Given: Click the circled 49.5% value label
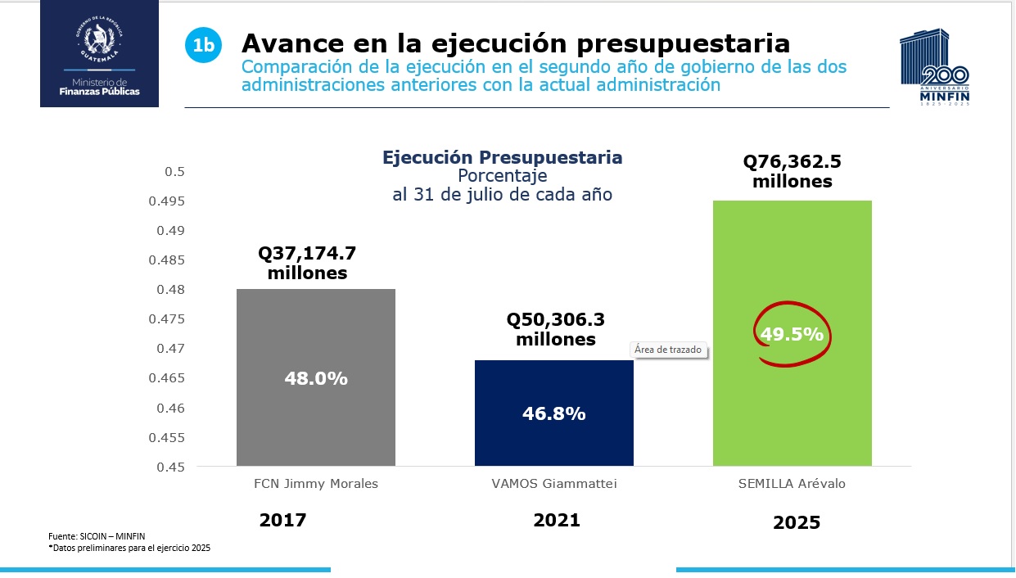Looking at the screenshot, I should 791,334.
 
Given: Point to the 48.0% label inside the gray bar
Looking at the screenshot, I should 315,378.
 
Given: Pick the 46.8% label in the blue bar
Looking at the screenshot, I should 553,413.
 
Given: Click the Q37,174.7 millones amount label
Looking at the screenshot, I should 308,262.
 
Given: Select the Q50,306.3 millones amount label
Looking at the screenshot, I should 555,329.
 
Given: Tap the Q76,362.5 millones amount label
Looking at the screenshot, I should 792,171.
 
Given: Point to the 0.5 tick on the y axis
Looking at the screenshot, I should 175,172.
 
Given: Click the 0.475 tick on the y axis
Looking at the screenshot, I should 167,319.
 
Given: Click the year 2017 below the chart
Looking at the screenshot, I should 282,520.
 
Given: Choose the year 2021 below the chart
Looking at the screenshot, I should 556,520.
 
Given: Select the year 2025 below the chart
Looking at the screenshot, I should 796,522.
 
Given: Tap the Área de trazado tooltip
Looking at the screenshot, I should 668,350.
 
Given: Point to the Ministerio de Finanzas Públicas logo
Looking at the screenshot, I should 99,53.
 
